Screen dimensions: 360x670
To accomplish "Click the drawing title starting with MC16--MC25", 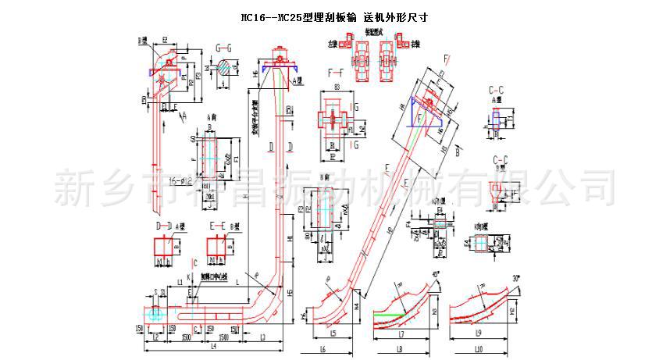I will coord(335,16).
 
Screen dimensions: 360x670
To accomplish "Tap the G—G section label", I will coord(224,48).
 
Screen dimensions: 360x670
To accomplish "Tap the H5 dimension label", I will coord(290,292).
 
